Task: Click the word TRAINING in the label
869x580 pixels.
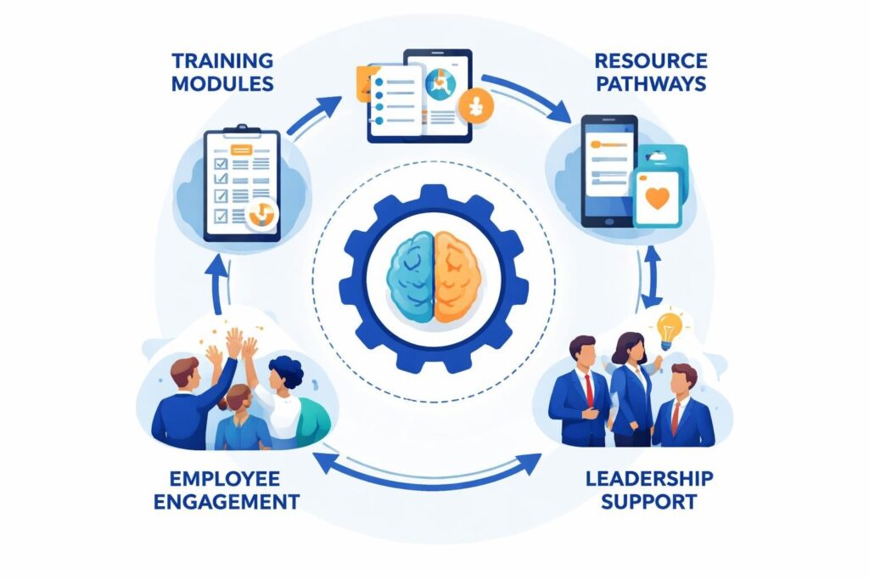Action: click(x=221, y=61)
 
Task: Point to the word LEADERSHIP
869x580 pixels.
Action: click(x=649, y=478)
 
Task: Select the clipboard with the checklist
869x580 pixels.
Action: click(x=242, y=183)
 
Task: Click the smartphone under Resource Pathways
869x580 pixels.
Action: click(x=608, y=171)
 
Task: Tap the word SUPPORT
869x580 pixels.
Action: click(x=648, y=501)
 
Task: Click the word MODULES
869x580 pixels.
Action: click(x=221, y=83)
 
